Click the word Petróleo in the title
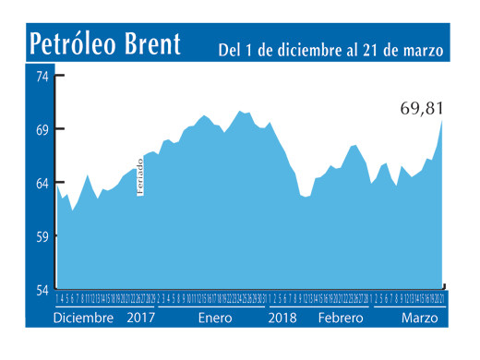(81, 43)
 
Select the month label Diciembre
(83, 318)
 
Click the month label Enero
(214, 318)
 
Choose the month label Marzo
(420, 318)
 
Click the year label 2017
(140, 318)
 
